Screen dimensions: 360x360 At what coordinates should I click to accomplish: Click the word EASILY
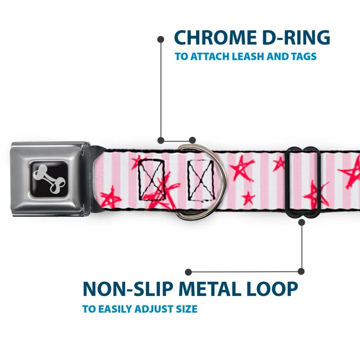tap(114, 309)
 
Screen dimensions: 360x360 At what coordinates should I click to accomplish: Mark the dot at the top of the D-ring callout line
tap(161, 39)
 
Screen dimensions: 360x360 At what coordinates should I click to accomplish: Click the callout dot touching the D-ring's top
tap(192, 140)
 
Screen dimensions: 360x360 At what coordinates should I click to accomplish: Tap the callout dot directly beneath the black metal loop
tap(302, 222)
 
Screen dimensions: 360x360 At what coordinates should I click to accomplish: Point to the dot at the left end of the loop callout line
tap(189, 272)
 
